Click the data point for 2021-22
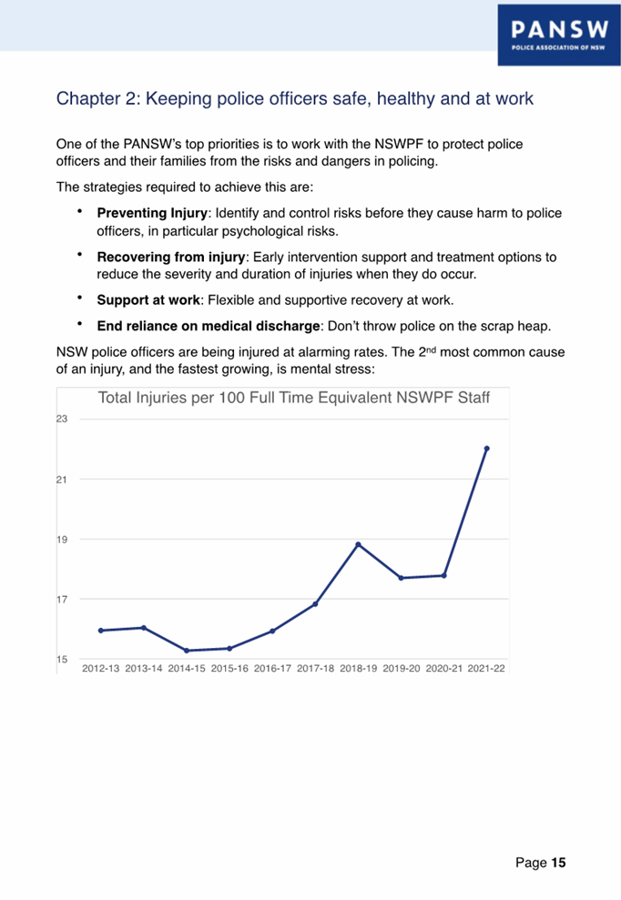point(487,449)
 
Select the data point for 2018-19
point(358,544)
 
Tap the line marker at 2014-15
point(187,651)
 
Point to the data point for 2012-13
point(101,631)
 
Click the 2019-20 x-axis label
point(402,668)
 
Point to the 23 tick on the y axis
point(63,419)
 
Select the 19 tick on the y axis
point(63,539)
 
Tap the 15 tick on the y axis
point(63,659)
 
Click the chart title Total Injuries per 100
point(293,399)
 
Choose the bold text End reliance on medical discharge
point(208,327)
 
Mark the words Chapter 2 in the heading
point(95,97)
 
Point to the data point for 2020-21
point(444,575)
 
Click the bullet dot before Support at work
point(80,298)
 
